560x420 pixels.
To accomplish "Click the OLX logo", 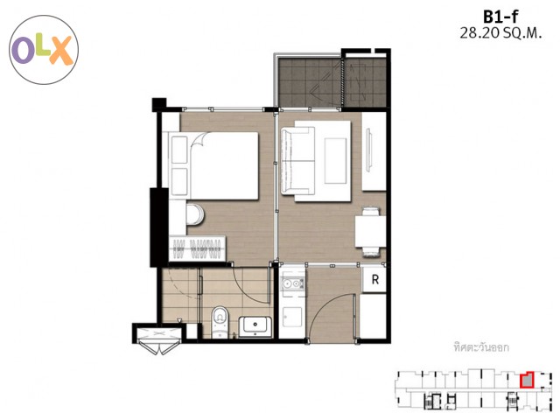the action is click(x=44, y=50).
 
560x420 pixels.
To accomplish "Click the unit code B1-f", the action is click(x=500, y=17).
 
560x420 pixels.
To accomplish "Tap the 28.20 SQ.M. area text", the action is click(x=500, y=33).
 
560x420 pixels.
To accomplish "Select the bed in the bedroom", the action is click(x=213, y=165).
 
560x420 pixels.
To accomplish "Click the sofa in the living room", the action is click(x=297, y=161).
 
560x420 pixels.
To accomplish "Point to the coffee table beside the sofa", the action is click(x=335, y=161).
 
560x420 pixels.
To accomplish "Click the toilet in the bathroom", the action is click(x=220, y=322).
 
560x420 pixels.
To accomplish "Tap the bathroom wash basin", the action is click(x=255, y=326).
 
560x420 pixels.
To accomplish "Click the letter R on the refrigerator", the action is click(x=375, y=279).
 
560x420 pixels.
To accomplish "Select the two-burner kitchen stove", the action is click(x=292, y=283).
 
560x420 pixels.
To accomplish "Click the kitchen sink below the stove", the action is click(x=291, y=317).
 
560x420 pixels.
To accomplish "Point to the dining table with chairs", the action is click(x=370, y=232).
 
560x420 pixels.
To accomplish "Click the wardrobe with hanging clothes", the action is click(x=197, y=248).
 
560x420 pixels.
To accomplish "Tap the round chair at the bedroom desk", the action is click(x=195, y=214).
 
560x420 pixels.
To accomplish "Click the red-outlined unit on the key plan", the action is click(x=527, y=380).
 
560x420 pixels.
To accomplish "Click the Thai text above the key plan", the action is click(x=481, y=347).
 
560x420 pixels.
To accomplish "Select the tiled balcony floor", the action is click(x=332, y=82).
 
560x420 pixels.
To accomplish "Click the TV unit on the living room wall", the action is click(x=369, y=151).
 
